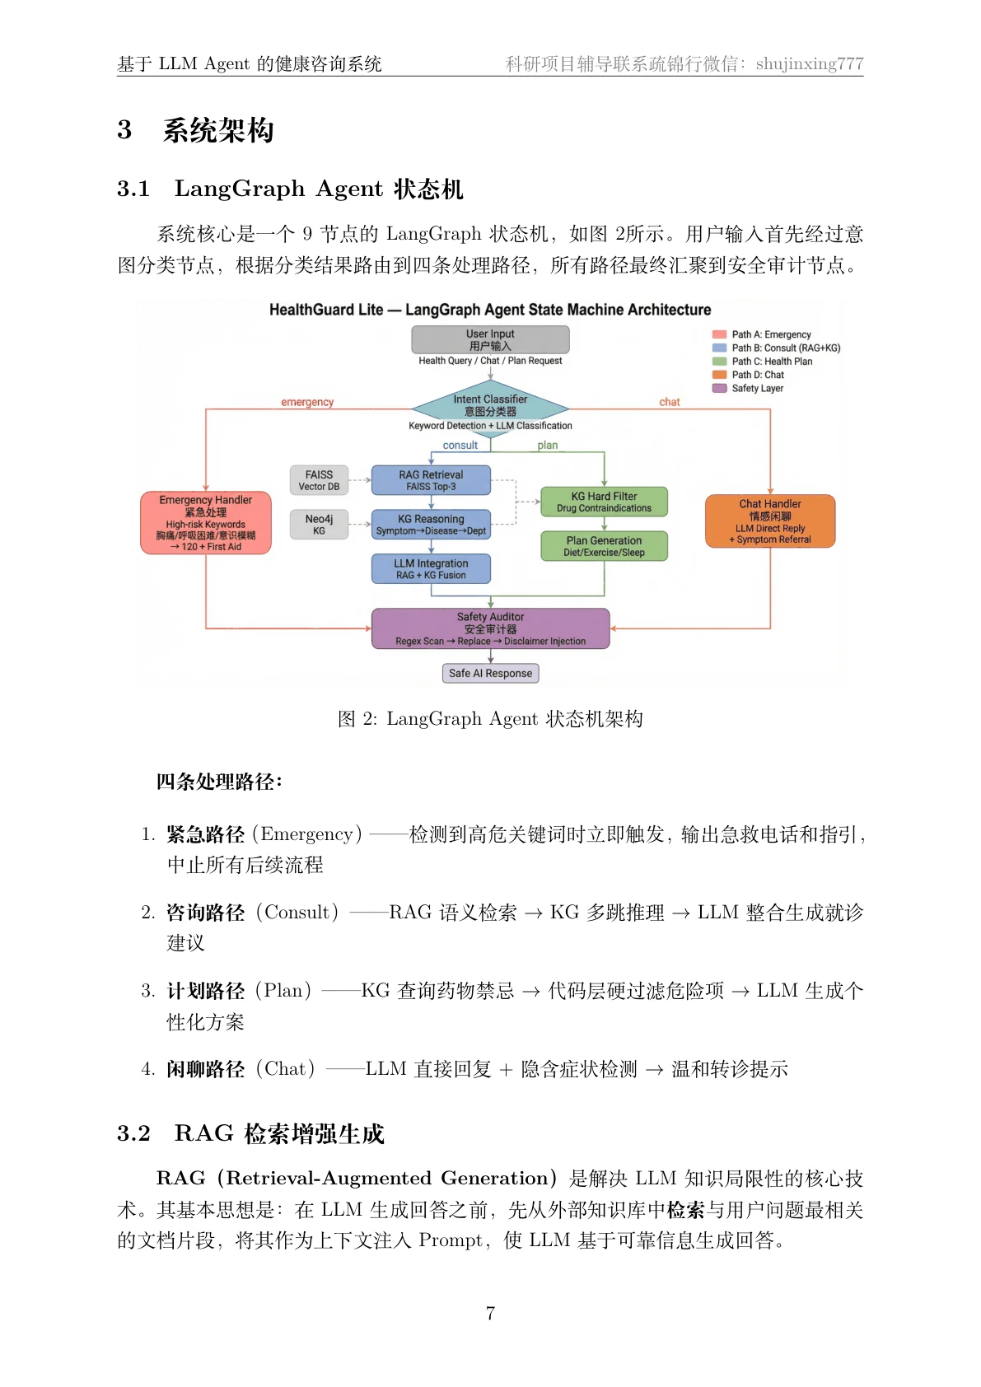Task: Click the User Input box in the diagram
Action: click(490, 339)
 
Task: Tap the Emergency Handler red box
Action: click(206, 523)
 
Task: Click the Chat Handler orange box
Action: click(770, 521)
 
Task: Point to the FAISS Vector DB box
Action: click(319, 480)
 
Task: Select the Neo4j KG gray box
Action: click(319, 525)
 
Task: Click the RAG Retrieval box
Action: click(431, 480)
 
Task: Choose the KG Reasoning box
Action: click(431, 525)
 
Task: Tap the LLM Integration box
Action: click(431, 568)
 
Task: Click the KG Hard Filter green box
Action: click(604, 502)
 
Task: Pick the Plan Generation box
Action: click(604, 545)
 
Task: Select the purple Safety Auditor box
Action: click(491, 628)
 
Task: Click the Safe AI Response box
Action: click(491, 673)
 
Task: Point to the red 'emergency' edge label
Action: click(307, 402)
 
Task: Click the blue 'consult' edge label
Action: click(460, 445)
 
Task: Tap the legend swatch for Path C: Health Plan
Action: click(719, 361)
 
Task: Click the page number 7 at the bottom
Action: click(491, 1314)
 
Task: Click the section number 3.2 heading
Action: click(133, 1133)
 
